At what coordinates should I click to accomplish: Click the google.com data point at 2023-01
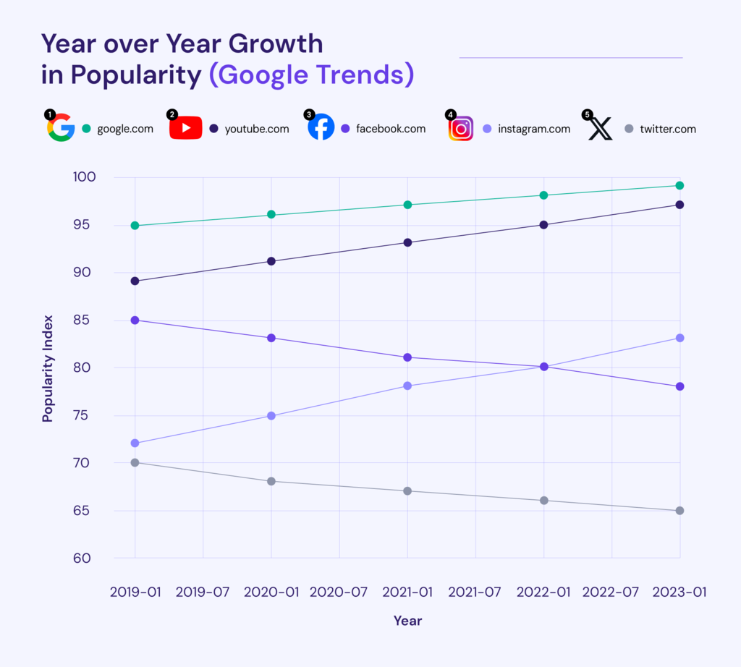[679, 186]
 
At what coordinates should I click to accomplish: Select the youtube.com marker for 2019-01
[135, 281]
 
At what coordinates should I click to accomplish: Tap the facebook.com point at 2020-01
[271, 338]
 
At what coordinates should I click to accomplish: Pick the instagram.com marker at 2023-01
[679, 338]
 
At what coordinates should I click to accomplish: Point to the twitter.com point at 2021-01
[407, 491]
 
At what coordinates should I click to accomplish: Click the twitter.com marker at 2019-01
[135, 462]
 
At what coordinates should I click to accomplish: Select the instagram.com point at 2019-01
[135, 443]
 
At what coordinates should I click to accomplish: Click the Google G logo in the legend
[62, 129]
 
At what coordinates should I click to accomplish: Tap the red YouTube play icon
[186, 129]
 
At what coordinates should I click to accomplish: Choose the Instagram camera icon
[461, 129]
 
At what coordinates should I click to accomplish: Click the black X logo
[600, 129]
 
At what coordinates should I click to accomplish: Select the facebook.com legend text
[391, 129]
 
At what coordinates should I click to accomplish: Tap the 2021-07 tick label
[475, 592]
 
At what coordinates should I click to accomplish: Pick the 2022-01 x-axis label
[543, 592]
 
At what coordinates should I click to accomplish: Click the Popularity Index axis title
[48, 368]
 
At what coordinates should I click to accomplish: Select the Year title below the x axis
[407, 621]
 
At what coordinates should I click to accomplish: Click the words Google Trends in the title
[311, 75]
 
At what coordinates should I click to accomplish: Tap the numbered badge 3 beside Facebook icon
[310, 114]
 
